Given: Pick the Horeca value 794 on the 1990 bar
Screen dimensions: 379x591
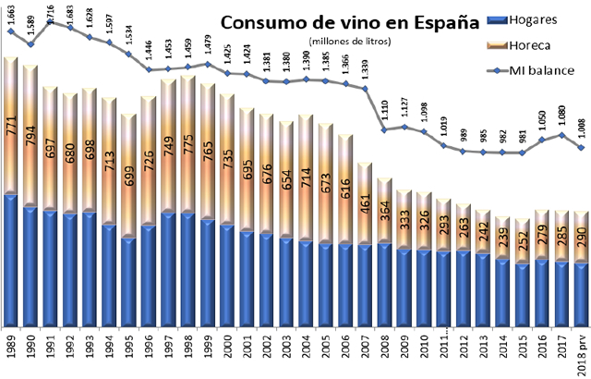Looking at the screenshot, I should (x=32, y=135).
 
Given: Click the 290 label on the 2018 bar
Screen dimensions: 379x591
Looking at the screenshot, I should (x=580, y=238).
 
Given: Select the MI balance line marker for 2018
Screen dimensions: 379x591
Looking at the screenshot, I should (x=580, y=148).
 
